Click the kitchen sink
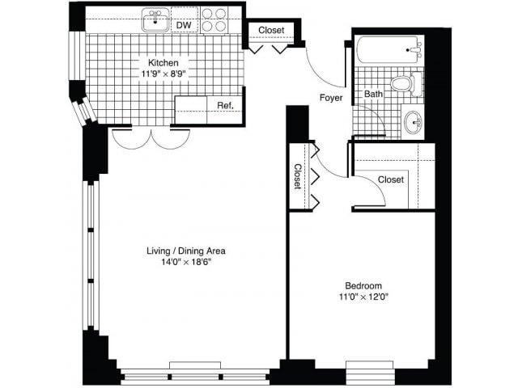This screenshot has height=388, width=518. coord(155,19)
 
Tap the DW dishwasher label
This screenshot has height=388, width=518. coord(184,25)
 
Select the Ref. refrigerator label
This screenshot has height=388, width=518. coord(225,106)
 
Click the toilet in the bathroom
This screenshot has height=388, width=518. coord(406,84)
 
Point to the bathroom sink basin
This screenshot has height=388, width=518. coord(414,122)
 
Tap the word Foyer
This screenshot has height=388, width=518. coord(331,98)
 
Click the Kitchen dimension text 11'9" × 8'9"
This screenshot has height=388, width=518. coord(163,74)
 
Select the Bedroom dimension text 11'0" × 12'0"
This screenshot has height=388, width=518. coord(363,297)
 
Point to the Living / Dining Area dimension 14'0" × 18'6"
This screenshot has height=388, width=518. coord(186,262)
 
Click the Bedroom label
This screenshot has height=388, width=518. coord(363,285)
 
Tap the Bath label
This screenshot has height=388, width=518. coord(373,94)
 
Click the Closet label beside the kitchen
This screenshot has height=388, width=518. coord(271,31)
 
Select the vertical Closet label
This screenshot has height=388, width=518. coord(298,176)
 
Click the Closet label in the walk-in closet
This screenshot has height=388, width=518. coord(391,179)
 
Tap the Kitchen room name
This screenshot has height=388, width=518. coord(163,62)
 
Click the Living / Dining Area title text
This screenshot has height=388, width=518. coord(186,251)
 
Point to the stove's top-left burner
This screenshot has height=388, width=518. coord(207,14)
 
